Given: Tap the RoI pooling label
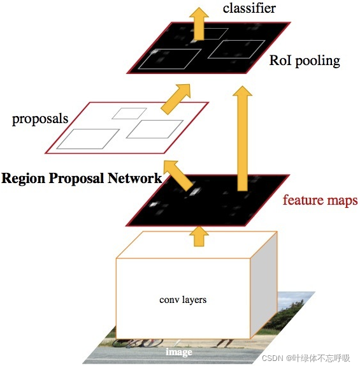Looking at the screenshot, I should click(305, 61).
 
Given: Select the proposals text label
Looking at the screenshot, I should click(40, 119).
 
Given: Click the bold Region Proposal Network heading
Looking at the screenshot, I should click(82, 178).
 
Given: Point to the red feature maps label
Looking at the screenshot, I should click(320, 200).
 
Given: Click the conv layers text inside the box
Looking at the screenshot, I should click(183, 299).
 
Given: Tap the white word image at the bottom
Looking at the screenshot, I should click(179, 352).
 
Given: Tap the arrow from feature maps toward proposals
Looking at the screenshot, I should click(180, 177).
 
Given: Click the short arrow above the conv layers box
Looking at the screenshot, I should click(199, 237).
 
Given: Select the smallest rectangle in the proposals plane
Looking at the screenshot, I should click(129, 114).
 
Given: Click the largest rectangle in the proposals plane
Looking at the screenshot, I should click(93, 138).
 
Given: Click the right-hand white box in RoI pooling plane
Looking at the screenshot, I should click(236, 49).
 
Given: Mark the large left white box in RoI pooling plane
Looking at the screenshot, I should click(171, 59).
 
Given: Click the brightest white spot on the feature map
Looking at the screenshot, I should click(195, 189).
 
